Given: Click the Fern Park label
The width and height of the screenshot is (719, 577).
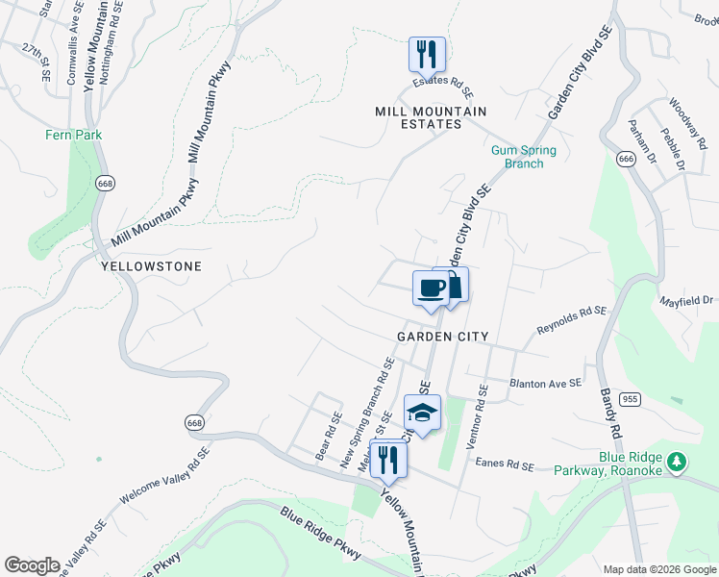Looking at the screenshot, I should tap(74, 136).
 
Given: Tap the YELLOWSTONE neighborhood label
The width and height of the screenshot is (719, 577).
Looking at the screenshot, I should tap(151, 266).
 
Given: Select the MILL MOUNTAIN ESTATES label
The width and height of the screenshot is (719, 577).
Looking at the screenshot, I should tap(431, 118).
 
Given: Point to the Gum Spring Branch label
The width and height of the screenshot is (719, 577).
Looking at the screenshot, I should tap(517, 157).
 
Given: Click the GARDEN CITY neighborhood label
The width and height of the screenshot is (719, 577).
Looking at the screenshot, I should tap(443, 337).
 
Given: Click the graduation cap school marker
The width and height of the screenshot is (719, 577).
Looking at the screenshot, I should tap(422, 413).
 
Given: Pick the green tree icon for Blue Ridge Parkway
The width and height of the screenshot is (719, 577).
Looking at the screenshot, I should tap(678, 462).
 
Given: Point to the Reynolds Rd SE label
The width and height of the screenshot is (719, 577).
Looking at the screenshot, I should tap(572, 320).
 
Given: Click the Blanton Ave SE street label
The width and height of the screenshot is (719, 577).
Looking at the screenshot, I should tap(546, 382).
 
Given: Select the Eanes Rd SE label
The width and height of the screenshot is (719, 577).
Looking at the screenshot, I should tap(504, 464).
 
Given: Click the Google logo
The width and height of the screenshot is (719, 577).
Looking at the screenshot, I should tap(32, 565).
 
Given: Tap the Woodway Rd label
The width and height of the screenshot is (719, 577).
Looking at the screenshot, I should tap(688, 121).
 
